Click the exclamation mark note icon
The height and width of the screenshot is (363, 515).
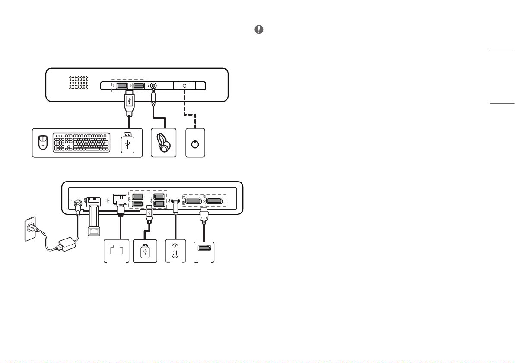[259, 29]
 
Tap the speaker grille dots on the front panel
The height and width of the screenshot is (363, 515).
[79, 83]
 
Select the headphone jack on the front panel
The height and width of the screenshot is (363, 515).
[153, 86]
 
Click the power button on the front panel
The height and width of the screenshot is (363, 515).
[185, 86]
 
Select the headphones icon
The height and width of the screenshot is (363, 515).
[164, 142]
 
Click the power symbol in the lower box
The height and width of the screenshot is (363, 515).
[195, 143]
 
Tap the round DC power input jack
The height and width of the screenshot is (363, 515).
[78, 203]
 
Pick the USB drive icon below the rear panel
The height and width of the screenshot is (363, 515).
[145, 251]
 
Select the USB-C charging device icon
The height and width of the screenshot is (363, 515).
[175, 251]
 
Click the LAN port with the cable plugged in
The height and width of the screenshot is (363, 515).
[118, 200]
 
